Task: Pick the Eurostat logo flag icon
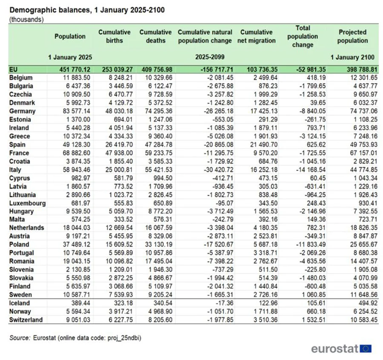(x=366, y=349)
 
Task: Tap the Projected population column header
(x=352, y=36)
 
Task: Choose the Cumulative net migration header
(x=258, y=36)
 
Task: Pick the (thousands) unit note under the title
(x=26, y=19)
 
